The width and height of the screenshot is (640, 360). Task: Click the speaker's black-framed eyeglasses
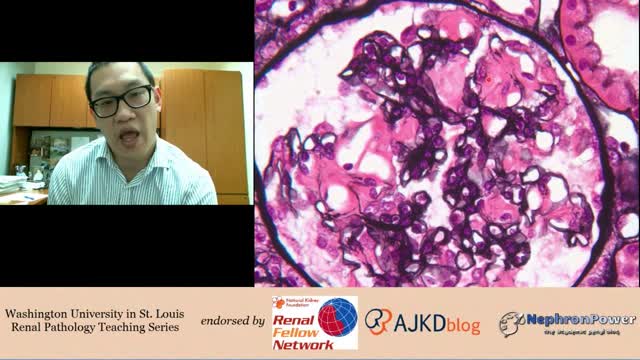121,100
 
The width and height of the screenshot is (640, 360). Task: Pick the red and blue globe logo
337,318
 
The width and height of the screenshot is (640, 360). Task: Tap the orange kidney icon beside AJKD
377,321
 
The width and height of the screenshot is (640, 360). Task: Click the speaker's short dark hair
117,72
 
